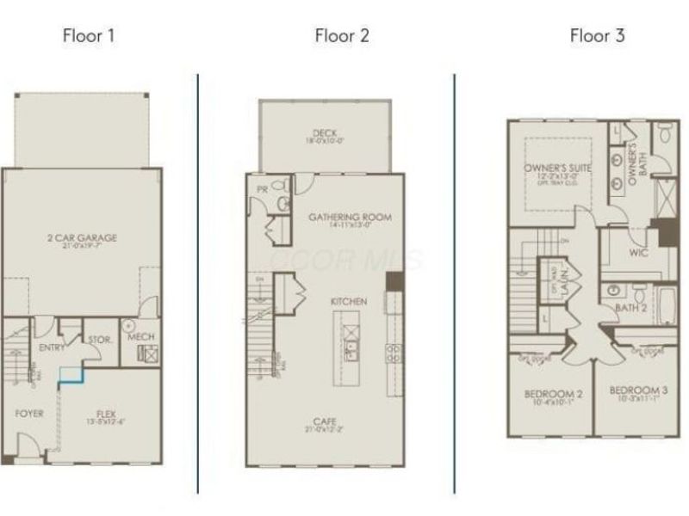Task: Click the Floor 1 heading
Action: click(x=88, y=35)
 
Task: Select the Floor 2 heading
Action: click(x=342, y=35)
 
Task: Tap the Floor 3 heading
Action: click(x=597, y=35)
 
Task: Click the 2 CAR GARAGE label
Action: click(x=82, y=237)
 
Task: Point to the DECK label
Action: click(x=325, y=133)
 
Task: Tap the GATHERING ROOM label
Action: click(x=350, y=218)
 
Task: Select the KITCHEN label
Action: click(x=349, y=302)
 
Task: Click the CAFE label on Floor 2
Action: click(x=325, y=421)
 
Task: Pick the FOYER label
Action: click(x=28, y=414)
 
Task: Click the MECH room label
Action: click(x=140, y=336)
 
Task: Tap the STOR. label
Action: click(x=99, y=341)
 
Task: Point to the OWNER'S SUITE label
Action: click(x=558, y=169)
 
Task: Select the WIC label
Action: click(x=638, y=254)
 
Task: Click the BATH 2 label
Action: click(x=630, y=307)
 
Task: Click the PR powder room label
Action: click(x=261, y=188)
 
